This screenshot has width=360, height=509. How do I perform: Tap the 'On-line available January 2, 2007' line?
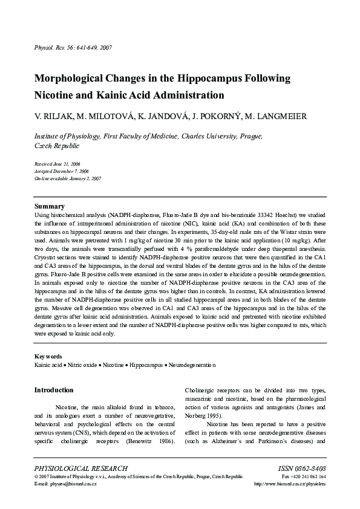pos(67,179)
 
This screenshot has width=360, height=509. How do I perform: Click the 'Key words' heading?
pos(48,357)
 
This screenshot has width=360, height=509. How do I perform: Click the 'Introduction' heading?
pos(54,390)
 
